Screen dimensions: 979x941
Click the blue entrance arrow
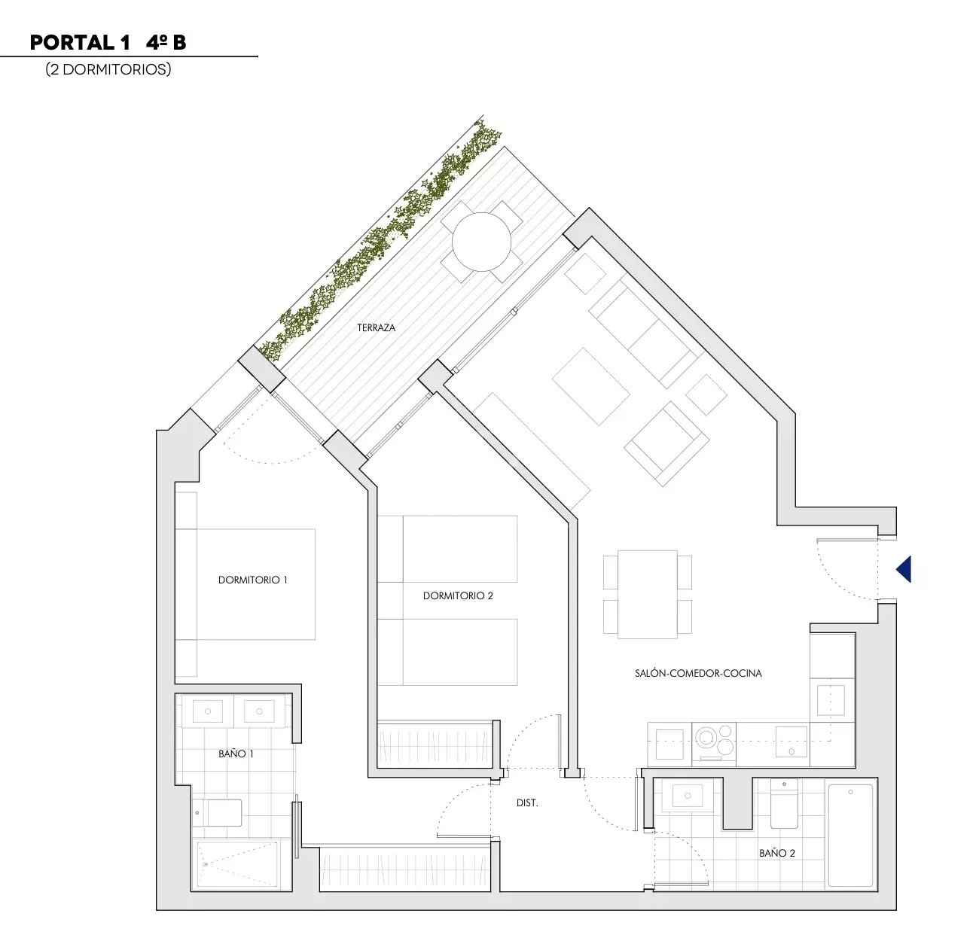905,569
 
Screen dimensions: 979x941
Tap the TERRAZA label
377,328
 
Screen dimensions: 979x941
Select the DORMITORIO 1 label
252,580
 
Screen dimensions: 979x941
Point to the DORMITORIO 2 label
458,595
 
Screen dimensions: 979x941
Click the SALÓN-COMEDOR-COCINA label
698,673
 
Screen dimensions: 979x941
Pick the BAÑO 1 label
236,754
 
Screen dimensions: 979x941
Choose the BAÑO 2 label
777,853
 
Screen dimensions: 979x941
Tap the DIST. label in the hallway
527,803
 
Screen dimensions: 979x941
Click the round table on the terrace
481,242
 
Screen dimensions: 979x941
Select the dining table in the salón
648,595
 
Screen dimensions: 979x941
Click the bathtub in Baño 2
851,836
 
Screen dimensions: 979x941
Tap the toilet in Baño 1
218,813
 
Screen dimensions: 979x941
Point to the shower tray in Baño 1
237,863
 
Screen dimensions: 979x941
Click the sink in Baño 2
688,796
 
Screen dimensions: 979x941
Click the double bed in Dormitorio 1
246,584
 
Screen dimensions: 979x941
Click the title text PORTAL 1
81,43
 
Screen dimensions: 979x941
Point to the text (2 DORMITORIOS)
108,69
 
